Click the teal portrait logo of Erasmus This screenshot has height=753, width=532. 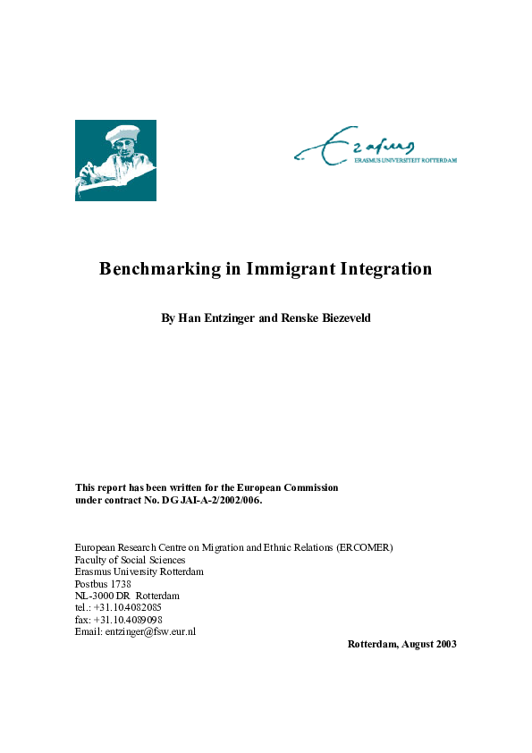click(115, 160)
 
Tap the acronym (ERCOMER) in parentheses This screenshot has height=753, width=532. click(365, 547)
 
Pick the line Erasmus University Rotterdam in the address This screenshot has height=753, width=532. click(139, 571)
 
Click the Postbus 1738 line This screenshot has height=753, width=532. click(103, 584)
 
